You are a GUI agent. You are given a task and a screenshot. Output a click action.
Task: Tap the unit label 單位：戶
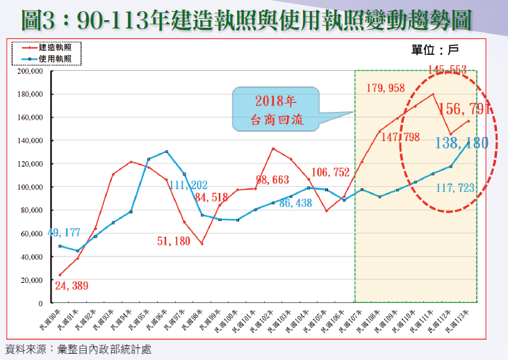[435, 49]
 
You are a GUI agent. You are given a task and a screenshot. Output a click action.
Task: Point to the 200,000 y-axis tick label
[31, 71]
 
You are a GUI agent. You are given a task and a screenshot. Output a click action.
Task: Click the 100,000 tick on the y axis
[31, 188]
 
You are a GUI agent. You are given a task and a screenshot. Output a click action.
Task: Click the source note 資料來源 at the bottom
[78, 349]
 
